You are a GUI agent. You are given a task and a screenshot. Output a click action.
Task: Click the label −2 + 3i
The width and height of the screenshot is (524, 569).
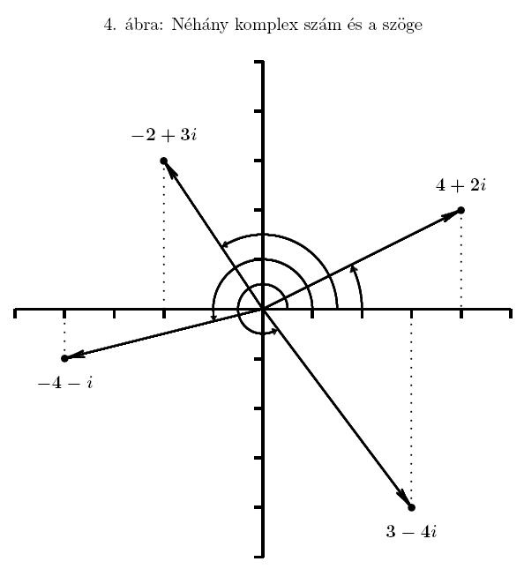pyautogui.click(x=164, y=135)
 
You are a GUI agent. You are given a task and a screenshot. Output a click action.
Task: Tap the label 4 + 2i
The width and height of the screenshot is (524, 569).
pyautogui.click(x=460, y=185)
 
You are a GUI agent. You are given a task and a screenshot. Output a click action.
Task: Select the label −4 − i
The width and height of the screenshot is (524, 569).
pyautogui.click(x=65, y=383)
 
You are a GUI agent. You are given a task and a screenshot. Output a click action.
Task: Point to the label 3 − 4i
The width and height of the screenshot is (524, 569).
pyautogui.click(x=411, y=532)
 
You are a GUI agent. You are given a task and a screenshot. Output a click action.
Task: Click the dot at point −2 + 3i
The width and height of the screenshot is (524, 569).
pyautogui.click(x=164, y=161)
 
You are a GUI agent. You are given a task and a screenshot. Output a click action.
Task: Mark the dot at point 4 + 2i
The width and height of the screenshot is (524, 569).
pyautogui.click(x=460, y=210)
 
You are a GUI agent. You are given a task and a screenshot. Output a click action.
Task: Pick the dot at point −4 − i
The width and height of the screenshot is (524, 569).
pyautogui.click(x=64, y=358)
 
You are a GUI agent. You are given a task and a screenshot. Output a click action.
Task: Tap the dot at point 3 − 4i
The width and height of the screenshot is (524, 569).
pyautogui.click(x=411, y=507)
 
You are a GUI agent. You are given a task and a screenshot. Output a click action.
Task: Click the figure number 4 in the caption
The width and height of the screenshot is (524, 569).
pyautogui.click(x=109, y=25)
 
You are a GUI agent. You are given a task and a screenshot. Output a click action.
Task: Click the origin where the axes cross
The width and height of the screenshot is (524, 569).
pyautogui.click(x=262, y=309)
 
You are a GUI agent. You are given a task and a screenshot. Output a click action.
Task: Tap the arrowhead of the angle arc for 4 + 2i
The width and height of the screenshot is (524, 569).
pyautogui.click(x=353, y=268)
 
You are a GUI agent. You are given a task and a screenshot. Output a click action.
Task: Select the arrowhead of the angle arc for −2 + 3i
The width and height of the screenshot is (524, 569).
pyautogui.click(x=226, y=244)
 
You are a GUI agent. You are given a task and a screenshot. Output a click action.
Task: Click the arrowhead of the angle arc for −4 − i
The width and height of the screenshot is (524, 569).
pyautogui.click(x=213, y=318)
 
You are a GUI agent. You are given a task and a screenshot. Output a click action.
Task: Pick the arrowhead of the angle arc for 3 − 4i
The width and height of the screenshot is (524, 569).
pyautogui.click(x=274, y=331)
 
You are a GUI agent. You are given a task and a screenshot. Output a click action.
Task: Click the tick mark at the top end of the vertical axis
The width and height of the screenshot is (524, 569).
pyautogui.click(x=258, y=62)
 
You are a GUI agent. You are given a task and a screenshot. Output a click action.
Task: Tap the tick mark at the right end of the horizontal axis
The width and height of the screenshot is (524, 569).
pyautogui.click(x=511, y=313)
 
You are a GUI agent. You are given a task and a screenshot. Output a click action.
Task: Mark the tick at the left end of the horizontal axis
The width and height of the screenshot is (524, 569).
pyautogui.click(x=15, y=313)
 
